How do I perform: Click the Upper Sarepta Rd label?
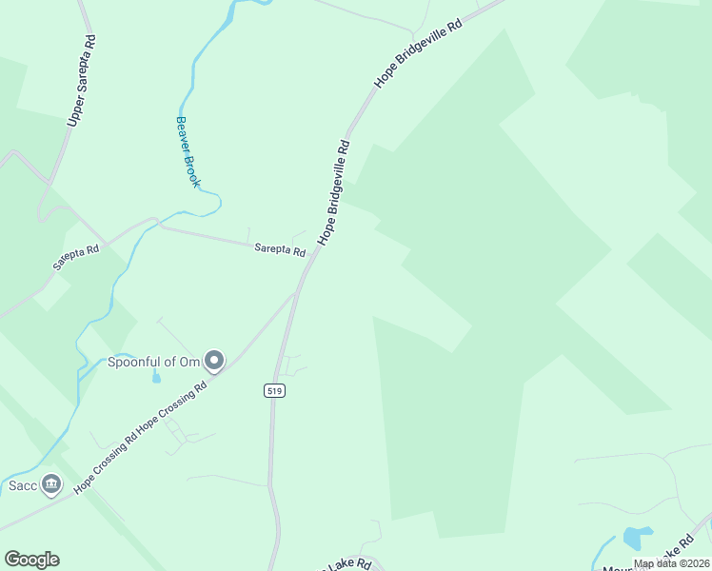82,83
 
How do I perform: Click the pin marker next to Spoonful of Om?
215,361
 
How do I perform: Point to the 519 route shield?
275,390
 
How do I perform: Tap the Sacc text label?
23,486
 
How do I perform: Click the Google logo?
31,560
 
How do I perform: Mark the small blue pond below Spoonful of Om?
156,378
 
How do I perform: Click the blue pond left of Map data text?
636,538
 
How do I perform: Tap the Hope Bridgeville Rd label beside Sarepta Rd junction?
334,193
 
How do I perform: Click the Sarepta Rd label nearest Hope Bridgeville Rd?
280,250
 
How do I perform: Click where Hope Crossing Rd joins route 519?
297,292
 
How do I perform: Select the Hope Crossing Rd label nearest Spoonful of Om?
172,408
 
